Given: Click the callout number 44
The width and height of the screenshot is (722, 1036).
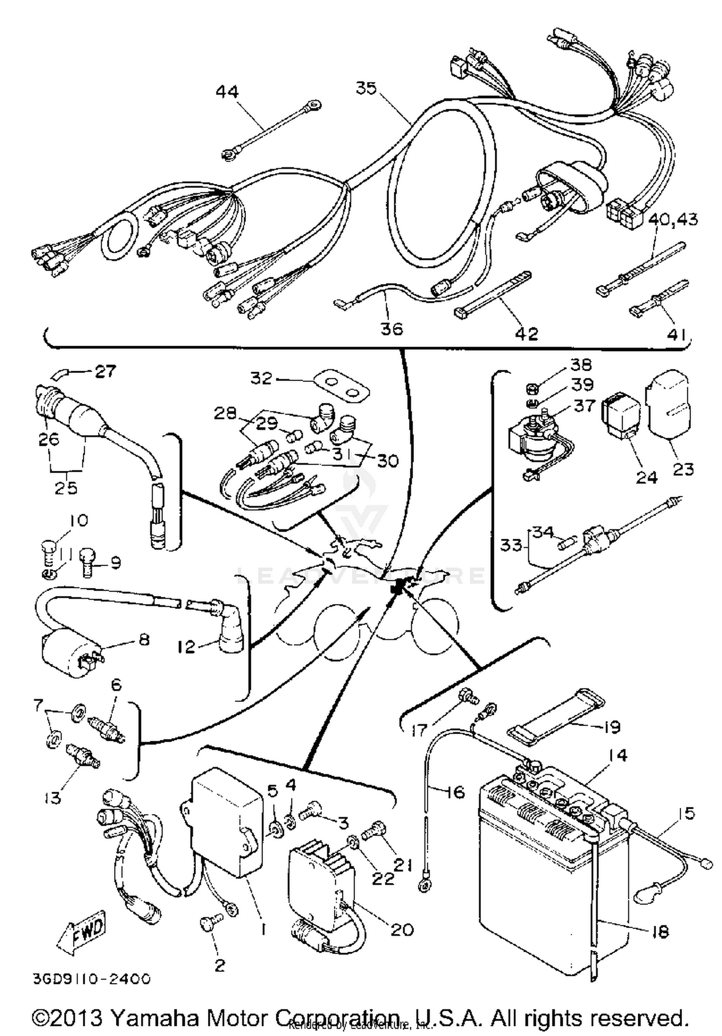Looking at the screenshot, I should [x=227, y=91].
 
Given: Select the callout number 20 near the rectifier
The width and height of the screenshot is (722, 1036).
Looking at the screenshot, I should [x=402, y=929].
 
